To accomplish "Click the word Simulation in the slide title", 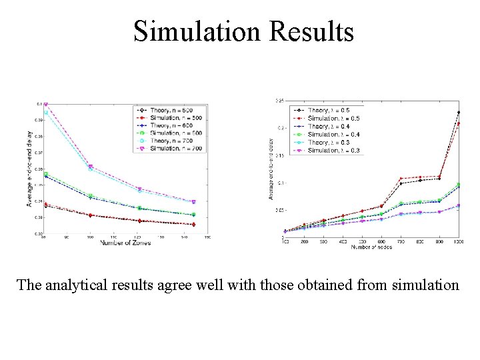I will [199, 31].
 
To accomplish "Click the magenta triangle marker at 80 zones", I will [46, 105].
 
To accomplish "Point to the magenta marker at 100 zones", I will [90, 167].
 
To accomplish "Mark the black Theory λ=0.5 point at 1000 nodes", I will [459, 113].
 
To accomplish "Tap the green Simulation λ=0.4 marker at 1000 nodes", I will [459, 184].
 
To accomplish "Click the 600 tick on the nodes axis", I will [381, 242].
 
